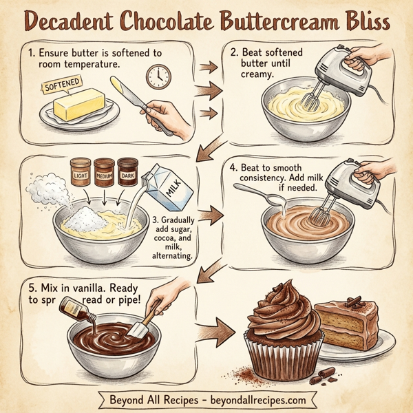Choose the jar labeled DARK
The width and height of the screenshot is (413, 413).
[x=128, y=170]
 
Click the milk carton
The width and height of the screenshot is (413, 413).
[x=167, y=186]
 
